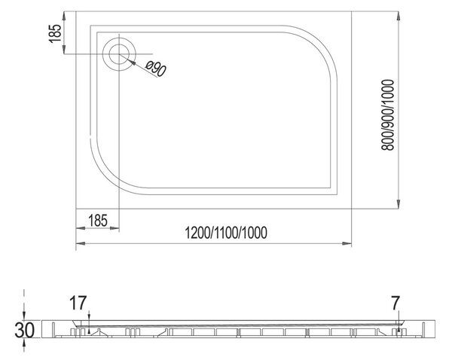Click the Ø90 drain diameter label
pyautogui.click(x=156, y=69)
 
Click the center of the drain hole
pyautogui.click(x=119, y=54)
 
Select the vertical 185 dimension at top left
pyautogui.click(x=55, y=33)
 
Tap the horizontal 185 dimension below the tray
pyautogui.click(x=98, y=221)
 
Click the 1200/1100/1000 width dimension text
pyautogui.click(x=226, y=233)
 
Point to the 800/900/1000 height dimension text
pyautogui.click(x=387, y=115)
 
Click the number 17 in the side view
pyautogui.click(x=78, y=303)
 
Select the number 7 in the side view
pyautogui.click(x=395, y=303)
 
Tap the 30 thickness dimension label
pyautogui.click(x=25, y=331)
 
